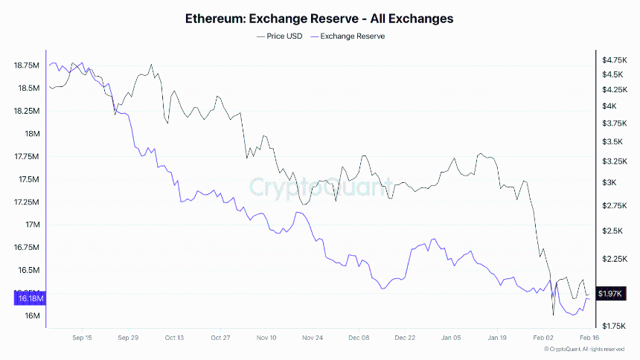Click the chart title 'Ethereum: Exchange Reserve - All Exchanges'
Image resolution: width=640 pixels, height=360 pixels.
(x=319, y=19)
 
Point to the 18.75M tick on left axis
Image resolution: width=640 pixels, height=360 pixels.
(x=27, y=65)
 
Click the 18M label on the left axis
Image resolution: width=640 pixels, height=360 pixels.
(x=31, y=134)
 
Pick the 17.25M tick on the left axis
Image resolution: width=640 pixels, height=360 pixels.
(x=27, y=202)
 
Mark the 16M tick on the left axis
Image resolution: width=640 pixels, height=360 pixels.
(x=31, y=316)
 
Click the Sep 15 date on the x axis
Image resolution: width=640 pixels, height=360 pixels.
(x=82, y=337)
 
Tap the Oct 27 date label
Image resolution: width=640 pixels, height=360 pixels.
(x=220, y=337)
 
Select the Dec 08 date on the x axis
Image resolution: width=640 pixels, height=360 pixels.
(x=359, y=337)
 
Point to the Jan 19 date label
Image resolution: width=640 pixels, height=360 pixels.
(x=497, y=337)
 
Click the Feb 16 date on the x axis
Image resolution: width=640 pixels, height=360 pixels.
(x=589, y=337)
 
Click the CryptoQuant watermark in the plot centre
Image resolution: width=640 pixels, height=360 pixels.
(x=319, y=187)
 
